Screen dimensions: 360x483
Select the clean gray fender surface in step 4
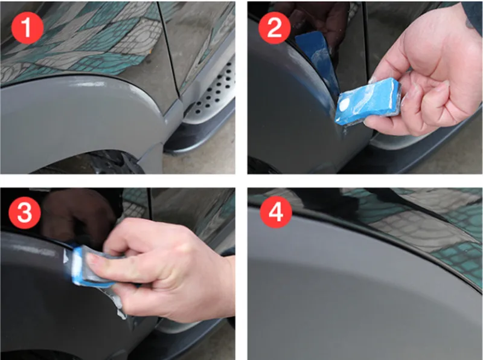pyautogui.click(x=350, y=290)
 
